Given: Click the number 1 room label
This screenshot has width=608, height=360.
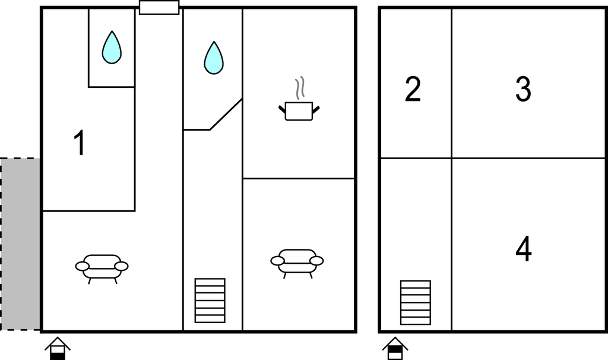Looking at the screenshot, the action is [80, 143].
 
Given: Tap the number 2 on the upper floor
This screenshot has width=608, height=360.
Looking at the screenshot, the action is [413, 89].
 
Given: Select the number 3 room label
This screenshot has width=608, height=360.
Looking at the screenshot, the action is [523, 89].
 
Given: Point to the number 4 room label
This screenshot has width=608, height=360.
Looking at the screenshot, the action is [524, 249].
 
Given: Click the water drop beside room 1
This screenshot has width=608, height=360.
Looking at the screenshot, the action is [112, 48].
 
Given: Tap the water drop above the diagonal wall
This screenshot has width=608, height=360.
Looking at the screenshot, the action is [214, 58].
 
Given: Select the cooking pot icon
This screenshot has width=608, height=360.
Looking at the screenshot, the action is [299, 111].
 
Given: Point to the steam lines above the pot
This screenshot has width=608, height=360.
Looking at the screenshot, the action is [300, 88].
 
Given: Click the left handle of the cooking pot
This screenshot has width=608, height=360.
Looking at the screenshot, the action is [282, 109].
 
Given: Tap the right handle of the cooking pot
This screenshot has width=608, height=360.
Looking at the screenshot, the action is [316, 109].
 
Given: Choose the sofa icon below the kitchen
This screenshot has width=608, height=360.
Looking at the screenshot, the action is [297, 263].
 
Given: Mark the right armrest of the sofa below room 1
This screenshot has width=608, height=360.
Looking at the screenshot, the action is [122, 266].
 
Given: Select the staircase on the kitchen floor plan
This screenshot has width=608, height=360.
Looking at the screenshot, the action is [210, 301].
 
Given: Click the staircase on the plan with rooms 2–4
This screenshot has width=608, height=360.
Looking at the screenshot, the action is [415, 302].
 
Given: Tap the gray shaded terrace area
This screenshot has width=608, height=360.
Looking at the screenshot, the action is [20, 244].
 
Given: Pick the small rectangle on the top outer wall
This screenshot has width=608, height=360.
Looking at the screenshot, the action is [159, 7].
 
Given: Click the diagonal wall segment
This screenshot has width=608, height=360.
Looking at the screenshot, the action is [226, 114].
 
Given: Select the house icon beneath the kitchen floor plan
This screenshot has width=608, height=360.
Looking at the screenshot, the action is [58, 348].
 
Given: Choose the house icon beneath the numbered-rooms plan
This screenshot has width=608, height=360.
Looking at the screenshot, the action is [395, 348].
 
